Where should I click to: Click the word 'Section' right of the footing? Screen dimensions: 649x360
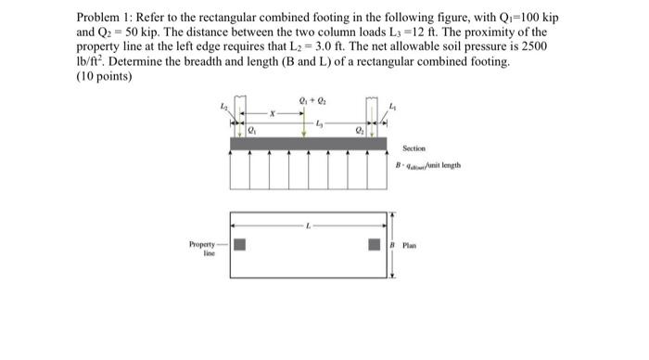coord(414,148)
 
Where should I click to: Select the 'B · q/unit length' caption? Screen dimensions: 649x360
coord(428,167)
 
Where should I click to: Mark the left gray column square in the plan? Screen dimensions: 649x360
coord(239,245)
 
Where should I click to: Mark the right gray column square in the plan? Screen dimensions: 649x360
coord(374,245)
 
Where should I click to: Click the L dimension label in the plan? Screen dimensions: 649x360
coord(307,225)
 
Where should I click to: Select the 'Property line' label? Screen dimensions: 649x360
coord(202,249)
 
